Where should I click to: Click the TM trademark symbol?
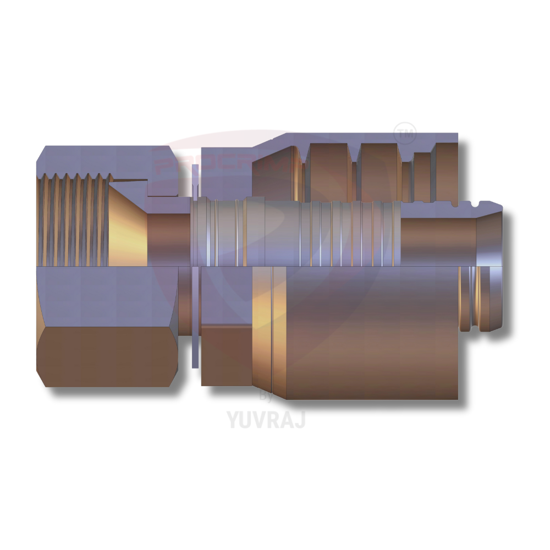[x=405, y=133]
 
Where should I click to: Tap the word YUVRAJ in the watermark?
[x=266, y=419]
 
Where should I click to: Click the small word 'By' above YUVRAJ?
[x=266, y=398]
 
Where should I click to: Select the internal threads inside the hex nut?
[x=71, y=220]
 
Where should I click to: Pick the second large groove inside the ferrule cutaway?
[x=380, y=170]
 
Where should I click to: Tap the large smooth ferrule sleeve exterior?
[x=374, y=341]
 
